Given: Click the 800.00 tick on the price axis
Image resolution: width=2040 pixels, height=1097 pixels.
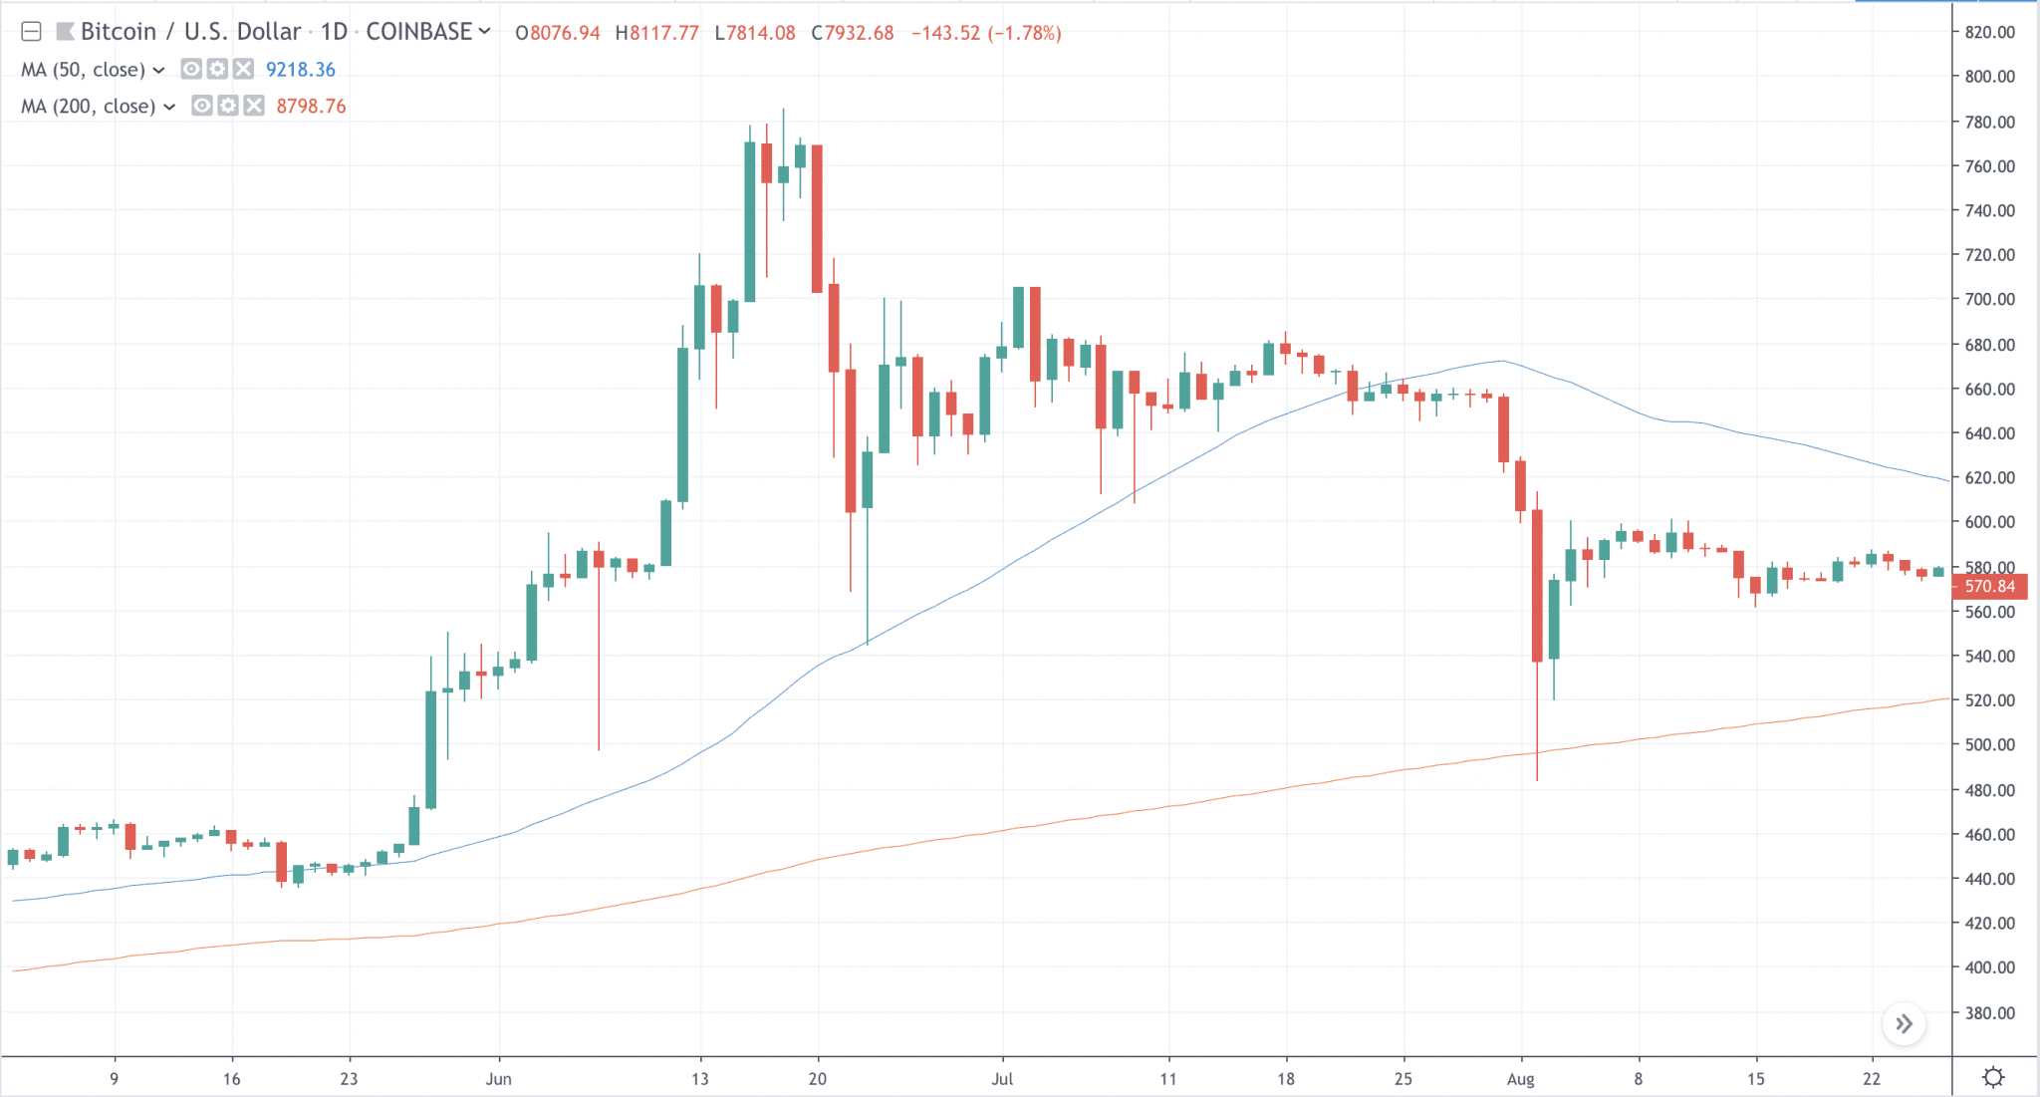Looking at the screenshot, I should tap(1989, 77).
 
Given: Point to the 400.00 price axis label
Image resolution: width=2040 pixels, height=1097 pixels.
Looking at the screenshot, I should tap(1989, 967).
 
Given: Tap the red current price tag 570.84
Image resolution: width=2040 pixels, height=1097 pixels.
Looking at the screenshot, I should tap(1989, 587).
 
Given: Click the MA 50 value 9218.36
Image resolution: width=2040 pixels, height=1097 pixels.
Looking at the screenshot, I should tap(300, 70).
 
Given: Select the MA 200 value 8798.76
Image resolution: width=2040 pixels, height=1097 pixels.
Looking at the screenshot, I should tap(311, 107).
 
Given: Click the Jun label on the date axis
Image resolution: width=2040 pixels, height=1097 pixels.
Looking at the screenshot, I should tap(498, 1079).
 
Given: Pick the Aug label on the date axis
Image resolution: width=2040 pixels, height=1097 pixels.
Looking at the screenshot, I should tap(1520, 1079).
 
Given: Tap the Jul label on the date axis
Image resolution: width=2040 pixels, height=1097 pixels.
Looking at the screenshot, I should tap(1002, 1079).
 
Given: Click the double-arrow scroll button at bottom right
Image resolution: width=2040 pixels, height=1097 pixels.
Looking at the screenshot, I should tap(1904, 1024).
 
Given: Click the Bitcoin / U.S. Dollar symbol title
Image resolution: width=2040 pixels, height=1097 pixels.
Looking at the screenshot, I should tap(190, 32).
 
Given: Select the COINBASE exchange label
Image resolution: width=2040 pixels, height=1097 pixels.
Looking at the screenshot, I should tap(418, 32).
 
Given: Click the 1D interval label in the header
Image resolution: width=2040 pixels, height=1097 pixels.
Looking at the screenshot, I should tap(334, 32).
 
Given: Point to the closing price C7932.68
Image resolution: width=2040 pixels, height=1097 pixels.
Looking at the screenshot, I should tap(853, 33).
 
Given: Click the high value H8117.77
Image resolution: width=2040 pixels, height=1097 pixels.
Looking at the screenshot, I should tap(657, 33).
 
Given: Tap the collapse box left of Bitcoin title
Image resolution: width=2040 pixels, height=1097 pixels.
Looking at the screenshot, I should tap(31, 32).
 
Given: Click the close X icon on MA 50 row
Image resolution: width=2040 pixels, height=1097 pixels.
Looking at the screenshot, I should tap(243, 70).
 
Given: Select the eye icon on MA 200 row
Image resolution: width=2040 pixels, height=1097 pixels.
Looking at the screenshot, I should tap(202, 107).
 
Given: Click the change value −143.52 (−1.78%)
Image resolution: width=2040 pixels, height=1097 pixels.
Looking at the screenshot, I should tap(986, 33).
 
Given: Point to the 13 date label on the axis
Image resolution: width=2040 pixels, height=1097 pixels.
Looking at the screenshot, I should tap(699, 1079).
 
